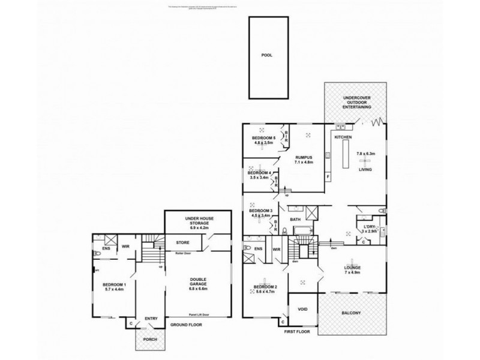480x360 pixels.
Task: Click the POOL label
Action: tap(266, 55)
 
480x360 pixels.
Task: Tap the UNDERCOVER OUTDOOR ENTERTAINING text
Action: tap(353, 102)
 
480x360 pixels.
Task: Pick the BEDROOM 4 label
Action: tap(260, 173)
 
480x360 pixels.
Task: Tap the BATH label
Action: tap(295, 220)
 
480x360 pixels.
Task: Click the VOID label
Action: tap(302, 310)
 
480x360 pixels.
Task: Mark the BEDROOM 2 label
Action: tap(266, 287)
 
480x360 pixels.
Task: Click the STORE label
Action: tap(183, 243)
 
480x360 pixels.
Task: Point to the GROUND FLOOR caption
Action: tap(185, 324)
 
